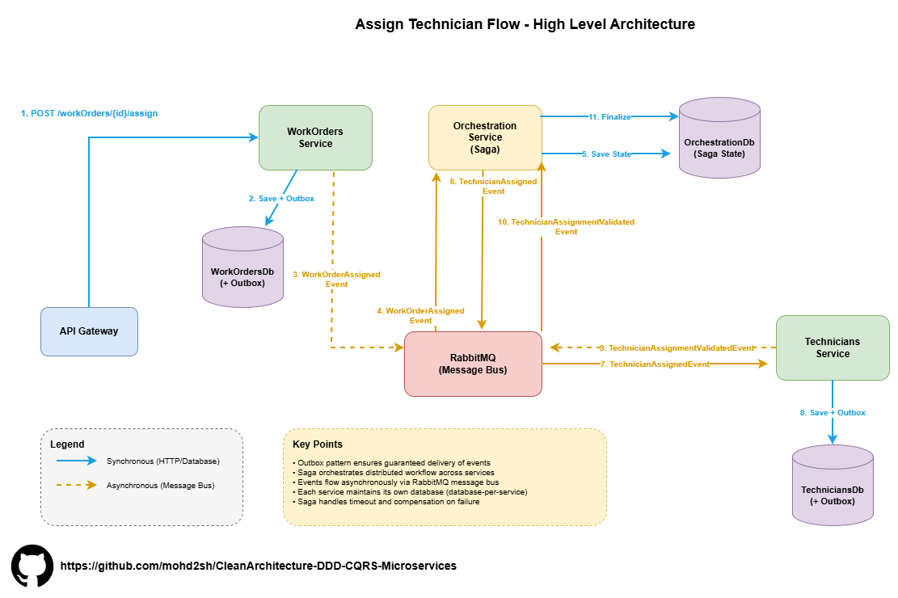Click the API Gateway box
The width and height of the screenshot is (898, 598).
coord(89,331)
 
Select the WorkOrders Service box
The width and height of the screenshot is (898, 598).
coord(315,137)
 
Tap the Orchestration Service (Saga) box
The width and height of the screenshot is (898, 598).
coord(485,137)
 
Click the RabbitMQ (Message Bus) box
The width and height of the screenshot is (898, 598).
coord(473,364)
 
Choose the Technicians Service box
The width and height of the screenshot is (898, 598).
coord(833,347)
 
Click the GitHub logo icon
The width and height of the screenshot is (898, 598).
coord(32,566)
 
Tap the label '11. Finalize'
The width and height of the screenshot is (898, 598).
coord(609,117)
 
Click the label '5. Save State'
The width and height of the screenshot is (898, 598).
coord(606,154)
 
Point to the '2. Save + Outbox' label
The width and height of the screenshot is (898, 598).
coord(281,198)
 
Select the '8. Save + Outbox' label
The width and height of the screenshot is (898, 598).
coord(833,413)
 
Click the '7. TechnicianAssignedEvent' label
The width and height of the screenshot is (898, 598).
coord(655,364)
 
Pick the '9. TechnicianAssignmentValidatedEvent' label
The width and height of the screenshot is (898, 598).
coord(677,347)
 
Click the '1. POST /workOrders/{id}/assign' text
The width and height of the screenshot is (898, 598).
coord(89,113)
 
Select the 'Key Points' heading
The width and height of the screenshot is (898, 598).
coord(317,444)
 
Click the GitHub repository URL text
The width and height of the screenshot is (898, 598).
coord(259,566)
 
